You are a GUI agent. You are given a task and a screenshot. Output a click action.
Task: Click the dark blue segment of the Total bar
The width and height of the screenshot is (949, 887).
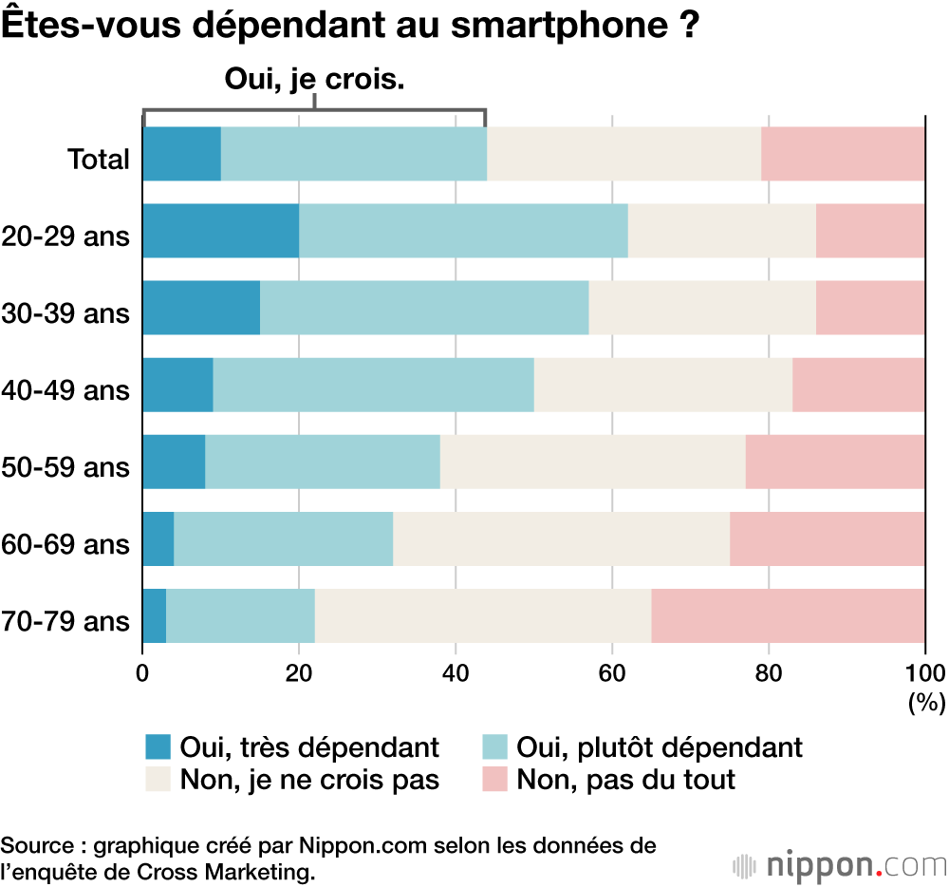[x=181, y=154]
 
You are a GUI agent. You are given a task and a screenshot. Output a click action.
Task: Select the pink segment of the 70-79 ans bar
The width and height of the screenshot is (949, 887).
[x=788, y=615]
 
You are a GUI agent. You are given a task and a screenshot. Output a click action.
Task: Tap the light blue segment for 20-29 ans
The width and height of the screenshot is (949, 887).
[x=463, y=231]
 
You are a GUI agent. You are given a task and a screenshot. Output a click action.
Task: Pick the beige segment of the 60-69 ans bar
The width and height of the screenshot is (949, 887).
[x=561, y=538]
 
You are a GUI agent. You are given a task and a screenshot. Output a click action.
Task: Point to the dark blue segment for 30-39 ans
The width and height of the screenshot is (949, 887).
[x=201, y=308]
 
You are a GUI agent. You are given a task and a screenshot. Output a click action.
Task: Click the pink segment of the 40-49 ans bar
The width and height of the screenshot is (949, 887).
[x=858, y=385]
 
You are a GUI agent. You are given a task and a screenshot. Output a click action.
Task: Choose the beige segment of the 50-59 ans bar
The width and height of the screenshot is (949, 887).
[x=592, y=462]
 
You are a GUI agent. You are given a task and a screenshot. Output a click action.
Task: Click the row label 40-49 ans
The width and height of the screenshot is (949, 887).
[x=65, y=389]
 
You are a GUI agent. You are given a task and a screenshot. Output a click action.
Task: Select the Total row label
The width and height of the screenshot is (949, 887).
[x=98, y=159]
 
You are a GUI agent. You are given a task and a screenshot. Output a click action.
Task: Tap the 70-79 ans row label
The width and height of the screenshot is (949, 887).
[x=65, y=621]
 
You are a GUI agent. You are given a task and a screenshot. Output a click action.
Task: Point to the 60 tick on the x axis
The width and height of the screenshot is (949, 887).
[x=612, y=673]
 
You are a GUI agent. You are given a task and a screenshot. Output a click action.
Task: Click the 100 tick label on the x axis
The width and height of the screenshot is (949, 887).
[x=925, y=673]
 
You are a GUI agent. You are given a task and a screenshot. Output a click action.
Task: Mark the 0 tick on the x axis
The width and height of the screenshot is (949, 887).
[x=142, y=673]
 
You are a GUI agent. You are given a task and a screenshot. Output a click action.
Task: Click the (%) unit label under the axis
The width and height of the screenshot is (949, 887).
[x=926, y=704]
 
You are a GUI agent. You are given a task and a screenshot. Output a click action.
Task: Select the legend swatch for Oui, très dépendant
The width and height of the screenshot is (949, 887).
[x=158, y=747]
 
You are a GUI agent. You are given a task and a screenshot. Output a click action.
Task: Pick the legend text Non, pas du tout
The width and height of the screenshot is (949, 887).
[x=625, y=780]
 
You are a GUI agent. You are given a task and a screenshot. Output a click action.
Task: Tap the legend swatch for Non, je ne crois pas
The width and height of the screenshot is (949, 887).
[x=158, y=780]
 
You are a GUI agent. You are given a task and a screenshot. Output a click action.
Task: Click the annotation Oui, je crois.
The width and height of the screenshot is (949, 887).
[x=315, y=80]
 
